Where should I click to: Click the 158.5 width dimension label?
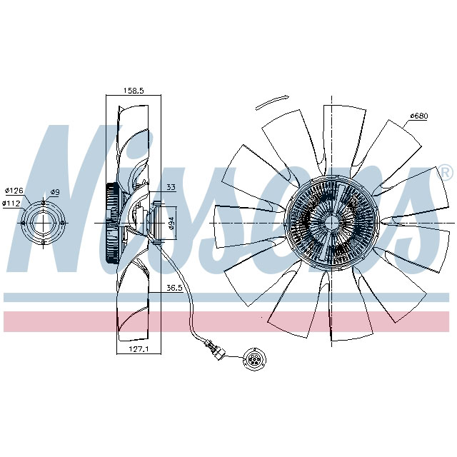point(133,91)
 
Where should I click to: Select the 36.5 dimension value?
point(175,288)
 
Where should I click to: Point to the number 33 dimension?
point(171,188)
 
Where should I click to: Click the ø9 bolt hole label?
point(55,192)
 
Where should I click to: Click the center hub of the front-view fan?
point(332,222)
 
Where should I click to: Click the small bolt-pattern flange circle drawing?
point(44,224)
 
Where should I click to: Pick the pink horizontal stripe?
point(228,321)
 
